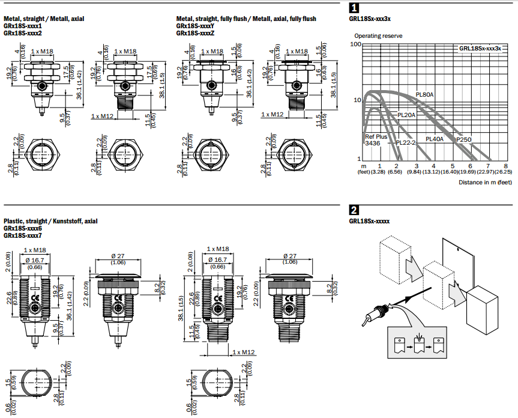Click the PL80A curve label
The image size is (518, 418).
pos(424,94)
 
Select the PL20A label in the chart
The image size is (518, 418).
pos(406,114)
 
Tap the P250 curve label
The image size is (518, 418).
pos(463,139)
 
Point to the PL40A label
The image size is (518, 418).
pos(434,139)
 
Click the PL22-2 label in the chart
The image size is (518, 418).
pos(406,143)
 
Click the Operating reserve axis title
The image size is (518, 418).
pos(378,36)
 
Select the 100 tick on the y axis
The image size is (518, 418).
pos(357,44)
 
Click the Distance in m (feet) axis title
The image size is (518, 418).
pos(485,181)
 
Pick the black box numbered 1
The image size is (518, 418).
pos(354,8)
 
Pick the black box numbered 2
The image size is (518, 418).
pos(354,210)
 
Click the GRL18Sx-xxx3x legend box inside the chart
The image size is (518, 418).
pos(480,48)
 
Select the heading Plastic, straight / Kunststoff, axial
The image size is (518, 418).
pos(50,221)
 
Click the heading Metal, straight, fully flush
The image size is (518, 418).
pos(245,19)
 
